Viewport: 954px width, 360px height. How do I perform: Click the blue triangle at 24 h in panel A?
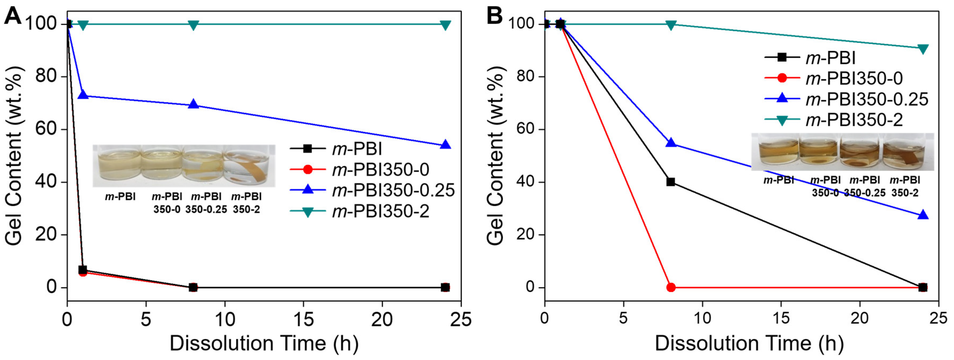(x=446, y=145)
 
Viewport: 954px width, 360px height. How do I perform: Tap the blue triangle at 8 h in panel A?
(x=193, y=105)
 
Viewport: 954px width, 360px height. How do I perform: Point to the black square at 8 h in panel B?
(x=671, y=182)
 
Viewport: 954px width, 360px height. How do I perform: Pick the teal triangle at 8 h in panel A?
(x=193, y=25)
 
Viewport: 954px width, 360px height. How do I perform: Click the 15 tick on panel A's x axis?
(x=304, y=319)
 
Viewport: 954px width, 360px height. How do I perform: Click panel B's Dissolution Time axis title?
(x=749, y=343)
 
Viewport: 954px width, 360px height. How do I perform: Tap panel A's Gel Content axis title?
(x=14, y=155)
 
